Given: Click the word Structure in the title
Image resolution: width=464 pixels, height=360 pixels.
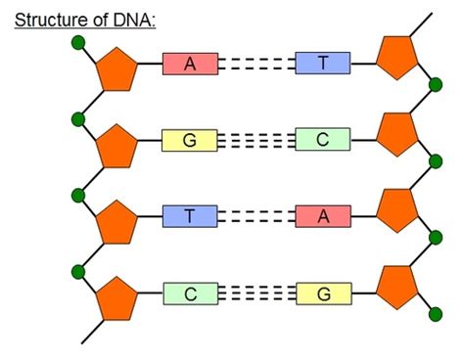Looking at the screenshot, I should click(48, 18).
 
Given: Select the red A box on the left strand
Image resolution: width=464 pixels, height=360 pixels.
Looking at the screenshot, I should click(190, 65).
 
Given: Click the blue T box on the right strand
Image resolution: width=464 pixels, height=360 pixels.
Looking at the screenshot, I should click(323, 65).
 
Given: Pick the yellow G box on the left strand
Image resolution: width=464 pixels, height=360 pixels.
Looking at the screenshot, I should click(190, 140).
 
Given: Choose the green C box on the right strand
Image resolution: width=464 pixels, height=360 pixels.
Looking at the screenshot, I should click(323, 140).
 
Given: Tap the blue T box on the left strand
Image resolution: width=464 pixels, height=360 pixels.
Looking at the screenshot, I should click(190, 216).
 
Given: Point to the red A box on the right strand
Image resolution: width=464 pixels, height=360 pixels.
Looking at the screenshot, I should click(323, 216).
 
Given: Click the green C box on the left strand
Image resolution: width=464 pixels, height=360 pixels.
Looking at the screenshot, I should click(190, 292).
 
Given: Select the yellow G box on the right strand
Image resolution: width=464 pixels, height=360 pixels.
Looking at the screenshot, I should click(323, 292).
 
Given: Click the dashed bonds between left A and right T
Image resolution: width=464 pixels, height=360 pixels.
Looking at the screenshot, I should click(256, 65).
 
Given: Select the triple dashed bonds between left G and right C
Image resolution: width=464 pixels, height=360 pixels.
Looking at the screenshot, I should click(256, 140).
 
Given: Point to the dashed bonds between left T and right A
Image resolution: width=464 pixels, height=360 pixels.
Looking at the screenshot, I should click(256, 216).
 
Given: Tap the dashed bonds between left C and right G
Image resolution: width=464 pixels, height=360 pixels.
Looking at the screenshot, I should click(256, 292).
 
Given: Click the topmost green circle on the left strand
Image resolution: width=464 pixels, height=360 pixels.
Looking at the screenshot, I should click(78, 43).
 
